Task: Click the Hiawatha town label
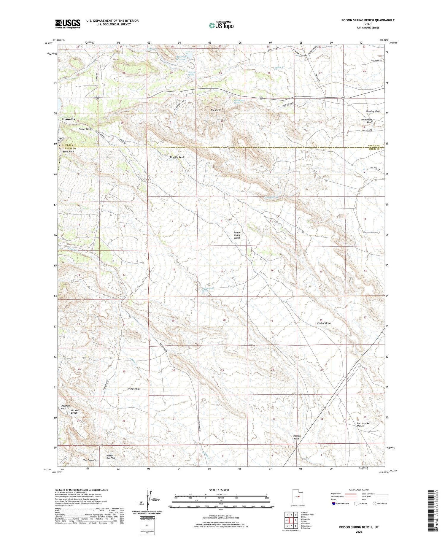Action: click(69, 119)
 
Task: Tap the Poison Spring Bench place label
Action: click(237, 235)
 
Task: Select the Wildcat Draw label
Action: click(323, 323)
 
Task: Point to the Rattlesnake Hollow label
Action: click(363, 425)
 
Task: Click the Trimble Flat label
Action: click(134, 389)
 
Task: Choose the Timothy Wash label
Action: click(177, 157)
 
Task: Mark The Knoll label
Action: click(216, 110)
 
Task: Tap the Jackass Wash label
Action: click(297, 437)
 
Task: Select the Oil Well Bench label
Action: click(74, 412)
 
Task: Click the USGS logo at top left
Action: click(68, 24)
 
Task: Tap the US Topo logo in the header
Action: click(221, 25)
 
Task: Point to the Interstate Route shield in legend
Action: click(334, 504)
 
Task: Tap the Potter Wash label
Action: click(85, 129)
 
